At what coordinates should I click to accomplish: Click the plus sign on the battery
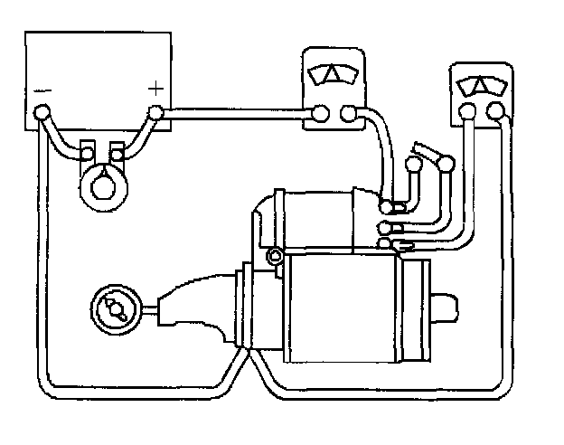coord(156,88)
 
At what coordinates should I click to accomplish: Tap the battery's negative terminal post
coord(41,113)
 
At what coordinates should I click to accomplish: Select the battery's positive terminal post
coord(155,113)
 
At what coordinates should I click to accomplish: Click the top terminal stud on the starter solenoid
coord(386,206)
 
